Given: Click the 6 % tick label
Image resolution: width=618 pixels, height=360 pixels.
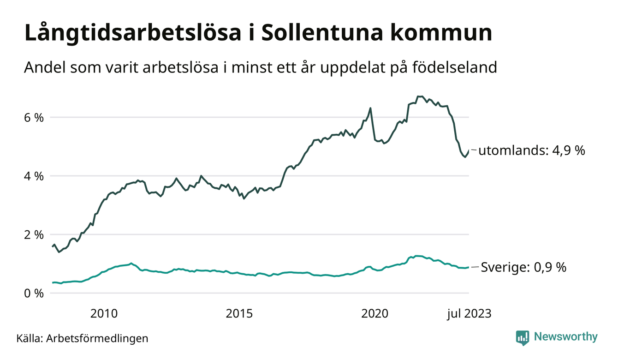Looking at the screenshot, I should [x=34, y=117].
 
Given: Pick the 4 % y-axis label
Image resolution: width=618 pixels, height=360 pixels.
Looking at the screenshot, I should [x=34, y=176].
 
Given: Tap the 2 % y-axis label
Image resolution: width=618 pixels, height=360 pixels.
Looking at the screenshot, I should [x=34, y=234].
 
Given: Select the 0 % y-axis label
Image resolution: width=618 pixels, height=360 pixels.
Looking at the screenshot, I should [x=34, y=293].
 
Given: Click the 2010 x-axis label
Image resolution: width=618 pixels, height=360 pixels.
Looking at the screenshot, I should [x=104, y=314].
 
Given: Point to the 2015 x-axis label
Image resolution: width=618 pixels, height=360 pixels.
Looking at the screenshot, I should [x=239, y=314].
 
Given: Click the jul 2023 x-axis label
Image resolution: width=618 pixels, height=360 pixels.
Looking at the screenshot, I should [x=469, y=314].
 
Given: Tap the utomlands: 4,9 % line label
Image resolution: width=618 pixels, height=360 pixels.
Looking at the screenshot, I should [x=532, y=150].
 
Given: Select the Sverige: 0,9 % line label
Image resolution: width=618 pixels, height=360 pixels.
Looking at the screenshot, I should [x=523, y=267].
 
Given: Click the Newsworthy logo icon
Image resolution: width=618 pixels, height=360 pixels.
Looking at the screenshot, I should [x=523, y=337].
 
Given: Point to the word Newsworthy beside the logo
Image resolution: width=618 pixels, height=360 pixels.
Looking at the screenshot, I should [x=565, y=337].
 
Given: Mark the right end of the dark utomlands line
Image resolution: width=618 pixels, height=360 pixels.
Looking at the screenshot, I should [x=469, y=150].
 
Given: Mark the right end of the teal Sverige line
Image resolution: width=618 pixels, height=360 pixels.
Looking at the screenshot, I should [x=469, y=267].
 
